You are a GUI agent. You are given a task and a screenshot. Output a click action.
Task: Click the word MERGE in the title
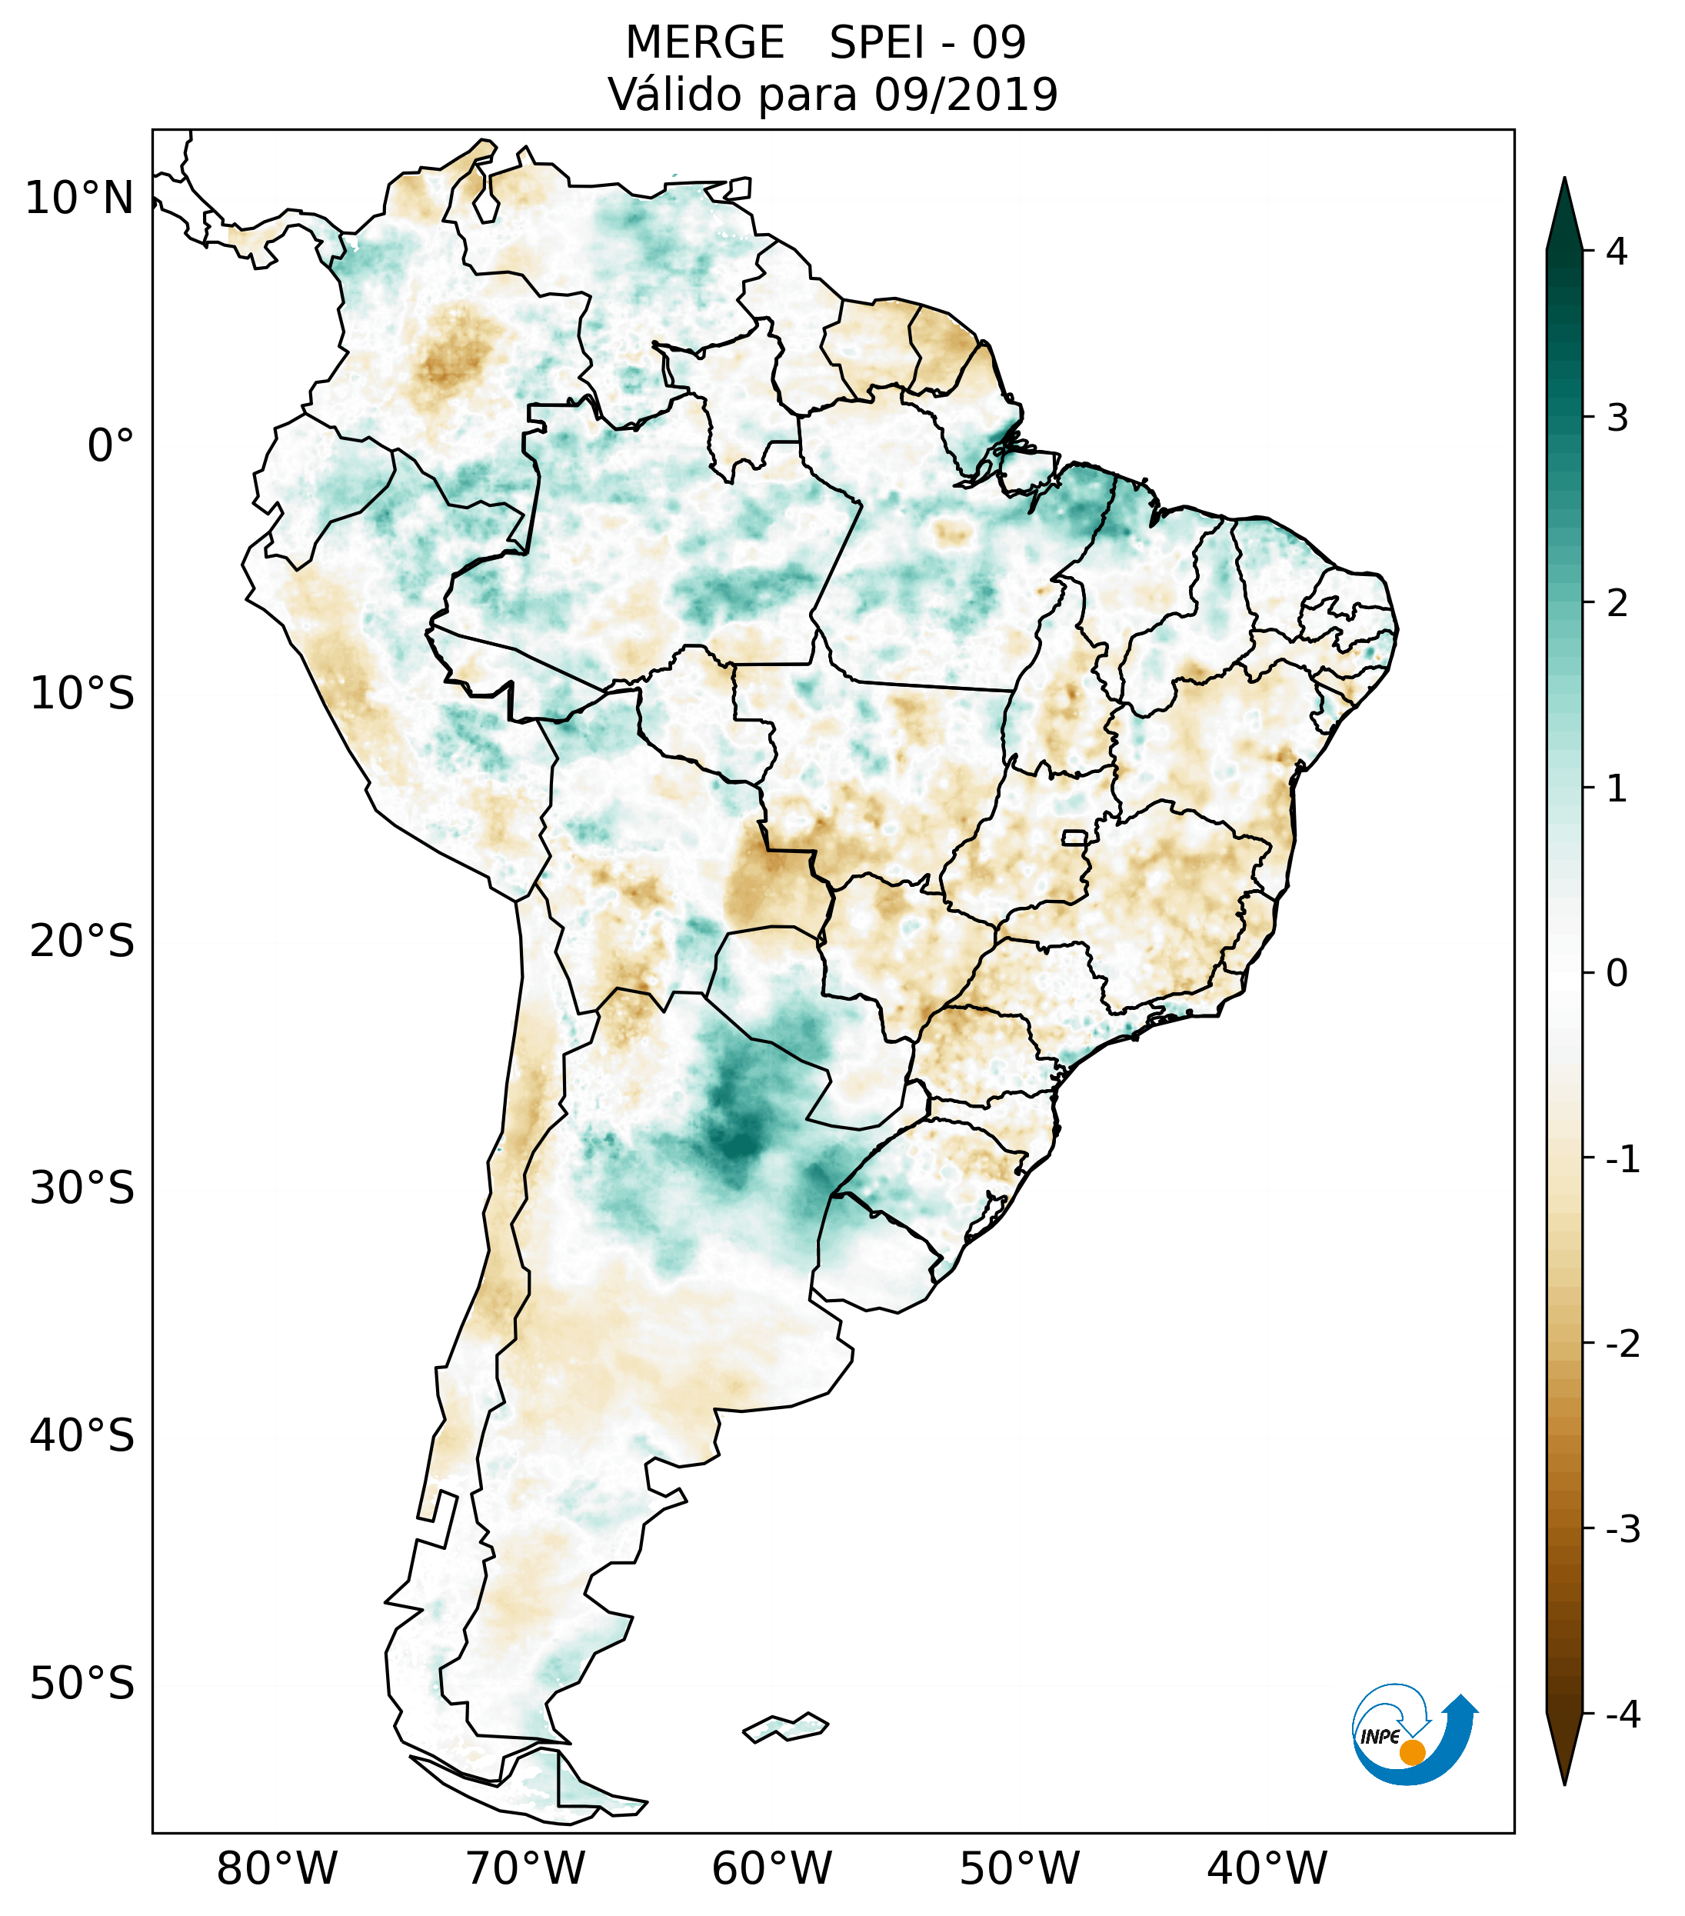[704, 43]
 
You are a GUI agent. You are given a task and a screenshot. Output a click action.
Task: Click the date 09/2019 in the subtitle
[965, 95]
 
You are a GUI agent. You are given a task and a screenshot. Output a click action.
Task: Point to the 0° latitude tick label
[111, 446]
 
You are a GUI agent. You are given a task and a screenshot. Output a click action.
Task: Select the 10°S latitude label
[82, 695]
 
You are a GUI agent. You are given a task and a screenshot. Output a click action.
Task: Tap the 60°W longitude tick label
[771, 1868]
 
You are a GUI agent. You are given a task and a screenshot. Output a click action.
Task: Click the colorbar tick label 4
[1617, 252]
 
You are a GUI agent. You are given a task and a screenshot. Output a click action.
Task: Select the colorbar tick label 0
[1617, 974]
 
